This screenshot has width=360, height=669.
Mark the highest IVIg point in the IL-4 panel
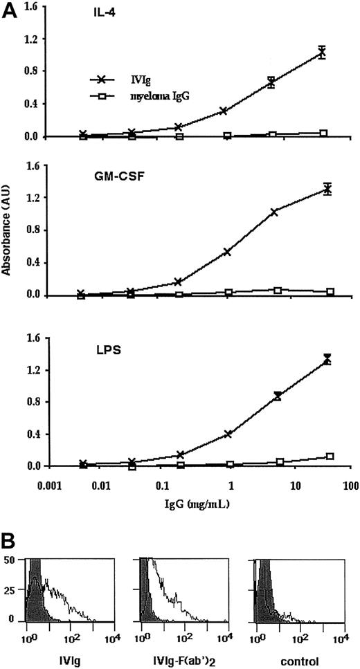(x=321, y=52)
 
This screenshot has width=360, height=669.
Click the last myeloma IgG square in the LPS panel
(x=330, y=457)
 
